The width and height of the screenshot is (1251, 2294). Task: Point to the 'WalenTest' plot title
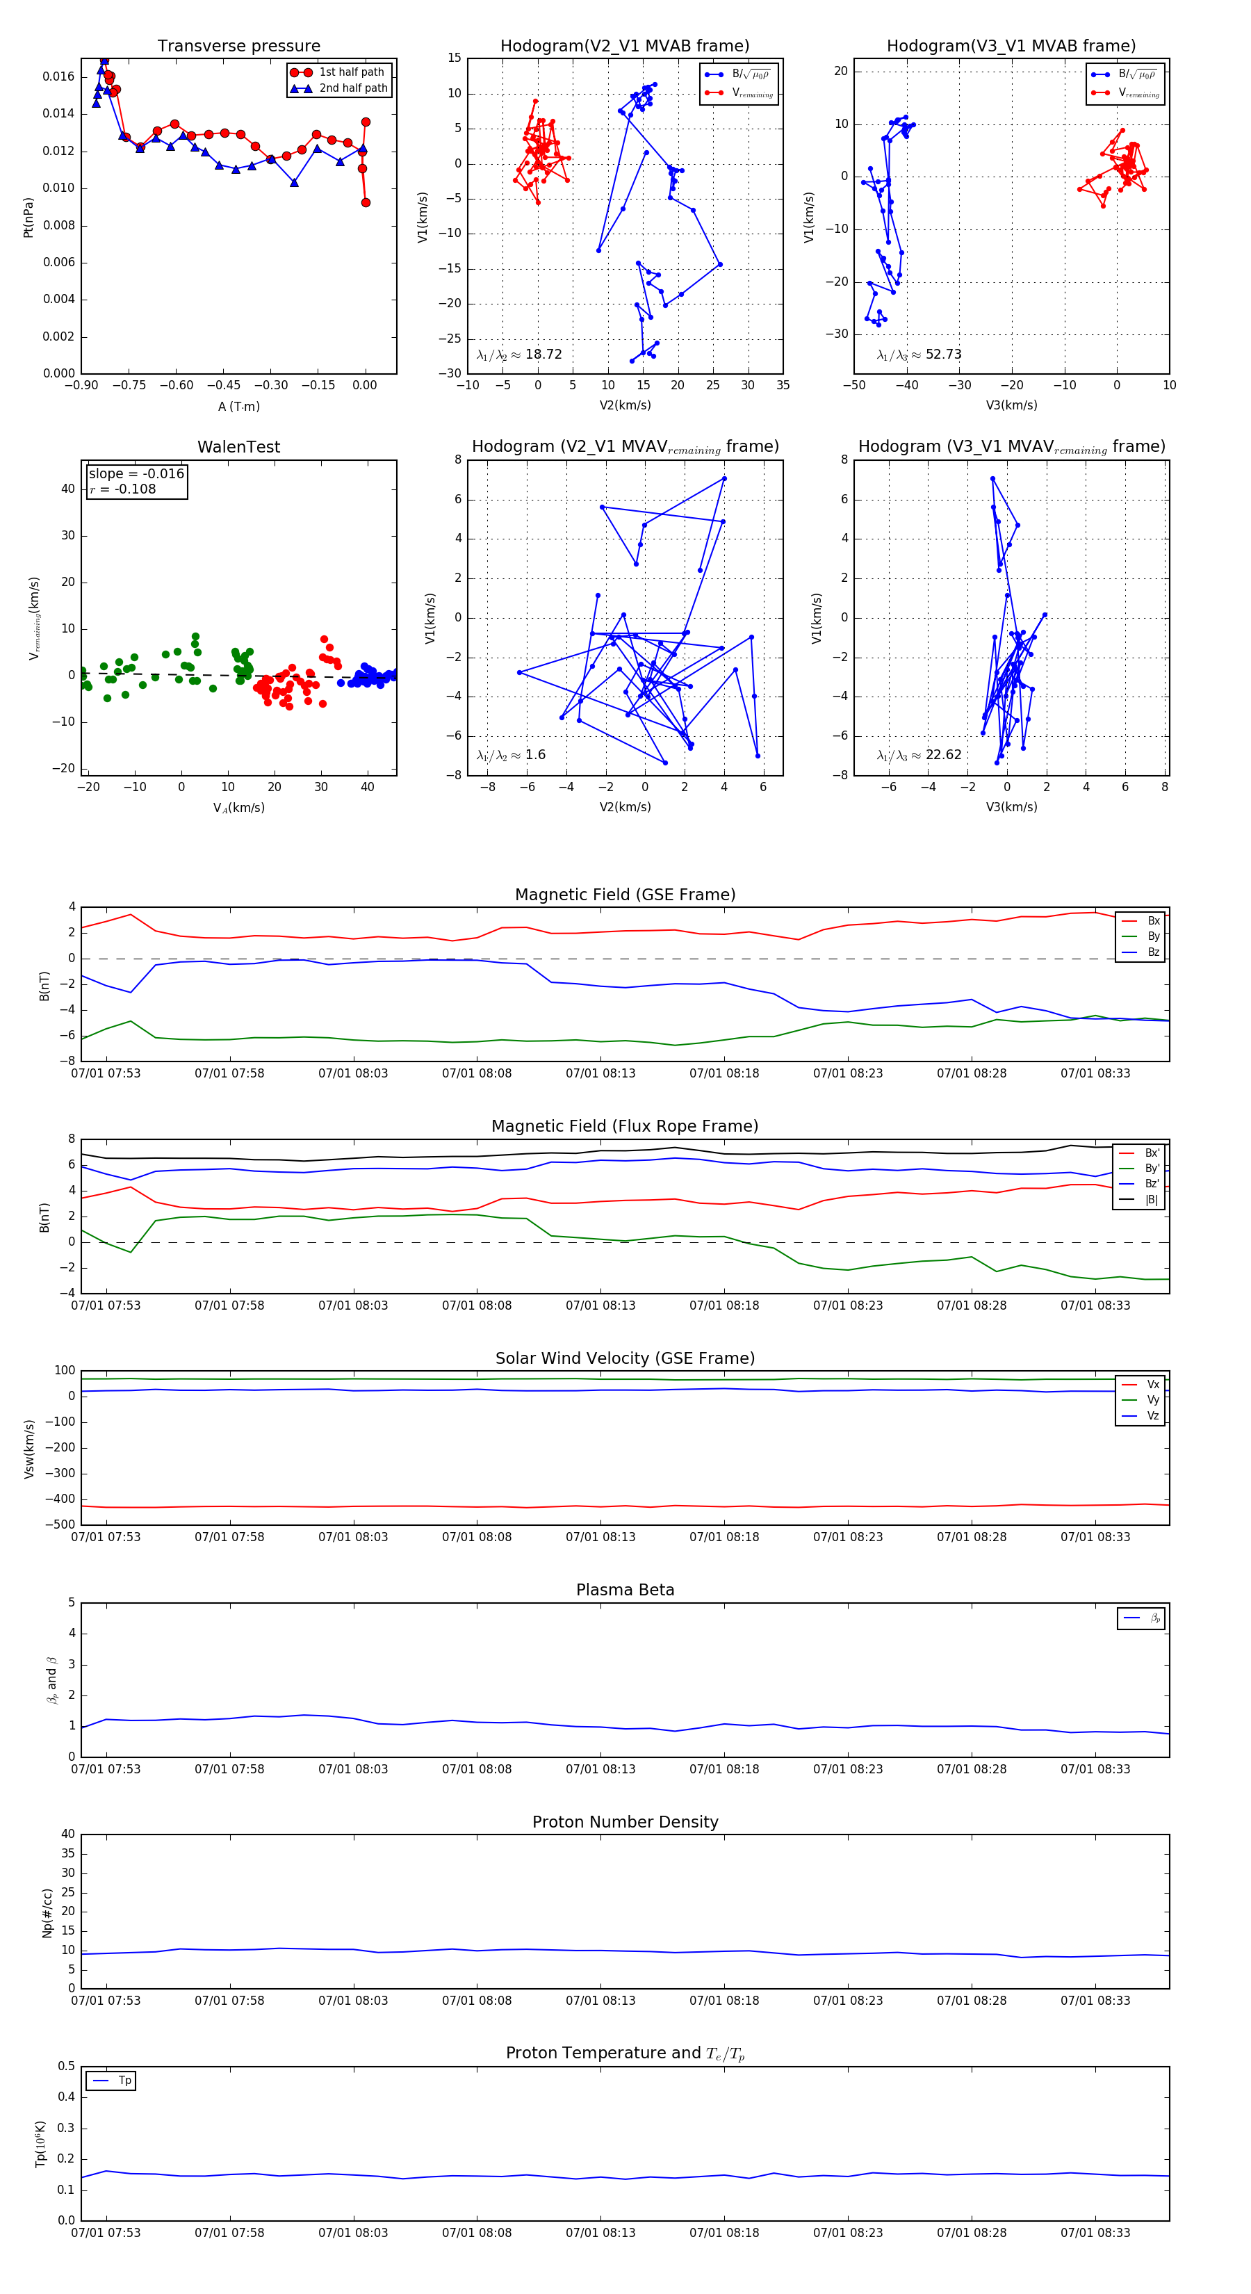pos(238,447)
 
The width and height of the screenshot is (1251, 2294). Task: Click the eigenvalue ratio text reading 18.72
pos(519,355)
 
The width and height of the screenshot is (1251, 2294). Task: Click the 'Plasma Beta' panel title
pos(625,1590)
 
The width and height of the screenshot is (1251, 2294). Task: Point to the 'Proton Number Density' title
pos(625,1822)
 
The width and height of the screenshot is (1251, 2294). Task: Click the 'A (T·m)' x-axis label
pos(238,407)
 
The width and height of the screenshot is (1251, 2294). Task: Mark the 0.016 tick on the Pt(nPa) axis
pos(59,76)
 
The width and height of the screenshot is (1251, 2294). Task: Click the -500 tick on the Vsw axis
pos(60,1524)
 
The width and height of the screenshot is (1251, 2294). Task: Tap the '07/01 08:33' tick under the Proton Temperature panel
pos(1095,2233)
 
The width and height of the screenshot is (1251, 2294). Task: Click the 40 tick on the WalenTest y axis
pos(67,489)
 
